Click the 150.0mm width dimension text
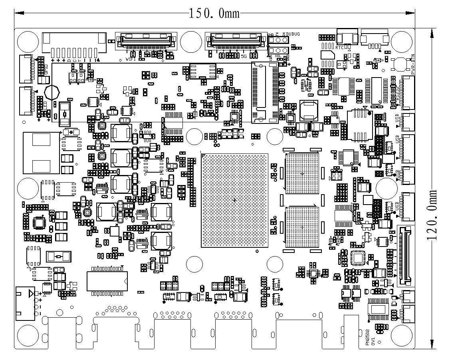(x=214, y=13)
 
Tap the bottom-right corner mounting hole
(x=400, y=334)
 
